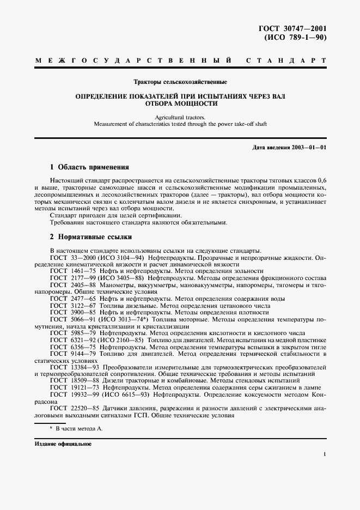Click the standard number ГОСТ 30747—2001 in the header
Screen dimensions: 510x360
click(296, 28)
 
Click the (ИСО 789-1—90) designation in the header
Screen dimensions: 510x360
click(295, 38)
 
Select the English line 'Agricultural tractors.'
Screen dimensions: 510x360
click(180, 117)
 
